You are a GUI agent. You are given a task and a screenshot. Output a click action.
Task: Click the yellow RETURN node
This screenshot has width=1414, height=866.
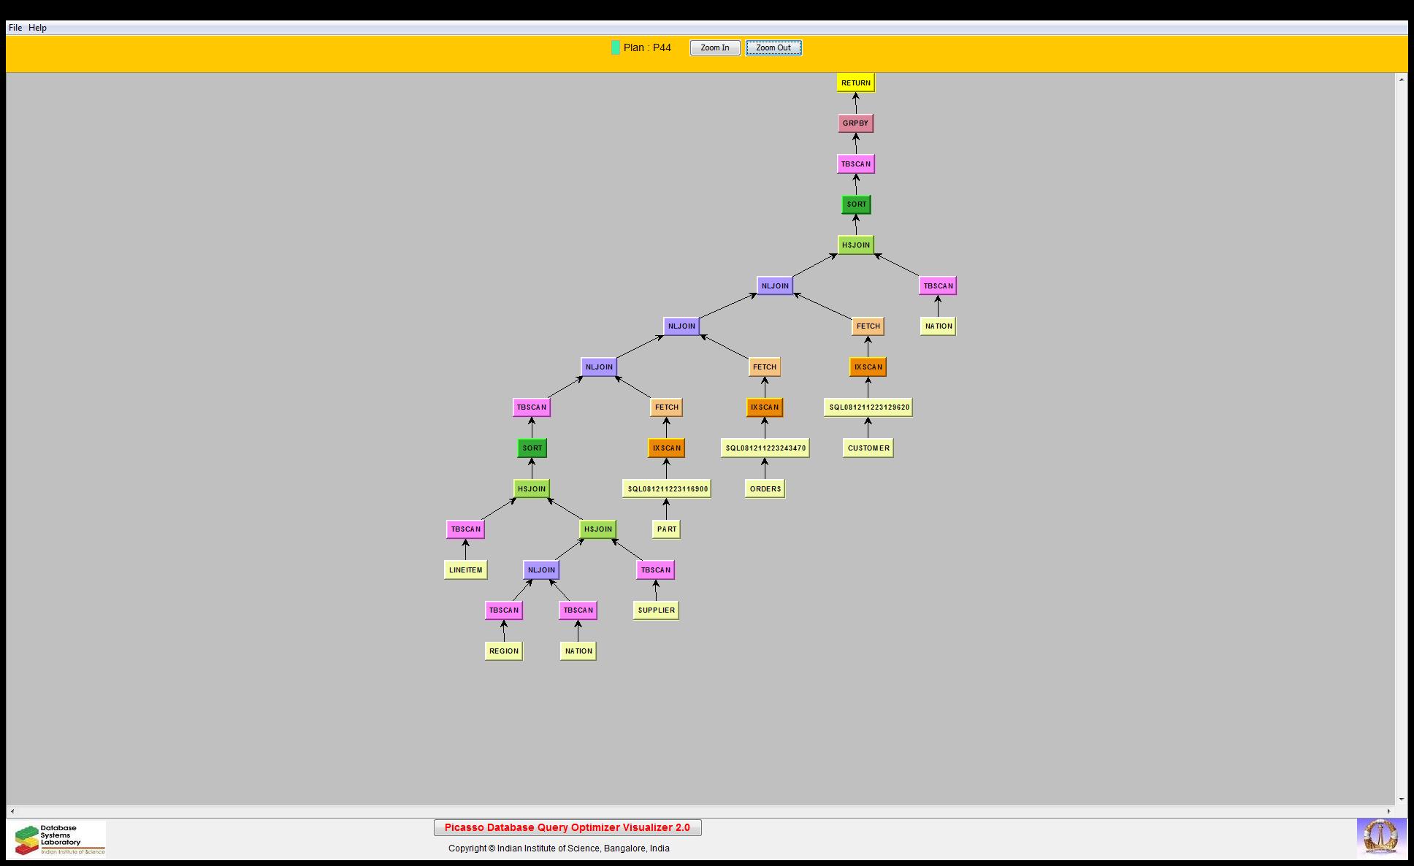tap(855, 83)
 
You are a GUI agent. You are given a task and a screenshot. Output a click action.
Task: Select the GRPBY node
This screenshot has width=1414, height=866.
tap(855, 123)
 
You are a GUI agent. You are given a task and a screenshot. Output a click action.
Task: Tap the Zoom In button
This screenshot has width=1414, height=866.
tap(714, 47)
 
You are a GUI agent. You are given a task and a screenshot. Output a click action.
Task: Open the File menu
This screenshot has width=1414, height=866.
tap(15, 28)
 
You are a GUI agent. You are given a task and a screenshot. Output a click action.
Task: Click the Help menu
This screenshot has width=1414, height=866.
tap(37, 28)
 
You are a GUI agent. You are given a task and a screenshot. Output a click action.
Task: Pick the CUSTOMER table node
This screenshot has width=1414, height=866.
tap(868, 448)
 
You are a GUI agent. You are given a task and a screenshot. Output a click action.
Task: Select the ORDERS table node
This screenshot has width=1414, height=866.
tap(765, 488)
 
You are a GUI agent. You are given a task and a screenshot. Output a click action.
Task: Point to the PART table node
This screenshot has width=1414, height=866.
tap(666, 529)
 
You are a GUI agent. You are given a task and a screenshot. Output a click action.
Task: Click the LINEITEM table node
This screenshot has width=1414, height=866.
tap(465, 570)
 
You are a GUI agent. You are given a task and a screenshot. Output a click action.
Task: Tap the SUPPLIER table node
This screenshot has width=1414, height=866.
tap(656, 610)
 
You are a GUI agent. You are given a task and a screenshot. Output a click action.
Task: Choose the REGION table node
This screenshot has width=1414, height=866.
tap(503, 651)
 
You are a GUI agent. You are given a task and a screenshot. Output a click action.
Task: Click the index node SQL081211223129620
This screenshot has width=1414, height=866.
tap(868, 407)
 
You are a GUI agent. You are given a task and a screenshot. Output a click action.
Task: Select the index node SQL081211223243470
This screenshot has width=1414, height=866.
tap(765, 448)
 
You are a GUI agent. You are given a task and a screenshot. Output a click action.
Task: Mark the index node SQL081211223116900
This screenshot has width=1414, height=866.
tap(666, 488)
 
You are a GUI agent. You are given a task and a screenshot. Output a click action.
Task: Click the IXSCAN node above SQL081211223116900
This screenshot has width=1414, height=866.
tap(666, 448)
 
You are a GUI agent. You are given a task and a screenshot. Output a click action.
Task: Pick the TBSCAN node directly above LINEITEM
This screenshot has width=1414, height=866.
tap(465, 529)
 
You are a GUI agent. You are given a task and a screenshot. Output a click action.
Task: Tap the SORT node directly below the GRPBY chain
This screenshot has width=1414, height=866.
tap(856, 204)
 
